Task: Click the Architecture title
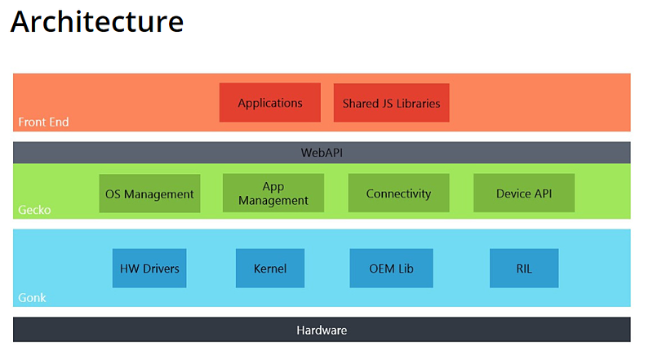pos(96,22)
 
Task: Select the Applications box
pos(270,103)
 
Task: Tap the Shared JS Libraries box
pos(391,103)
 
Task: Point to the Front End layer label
pos(43,122)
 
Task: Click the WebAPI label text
pos(322,153)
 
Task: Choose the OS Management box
pos(149,193)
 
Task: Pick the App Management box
pos(273,193)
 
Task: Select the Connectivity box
pos(398,193)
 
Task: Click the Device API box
pos(524,193)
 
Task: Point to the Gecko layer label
pos(34,210)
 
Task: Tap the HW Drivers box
pos(149,269)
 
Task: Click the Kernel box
pos(270,269)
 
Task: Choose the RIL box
pos(524,269)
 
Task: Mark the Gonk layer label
pos(32,298)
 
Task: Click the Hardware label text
pos(322,331)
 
